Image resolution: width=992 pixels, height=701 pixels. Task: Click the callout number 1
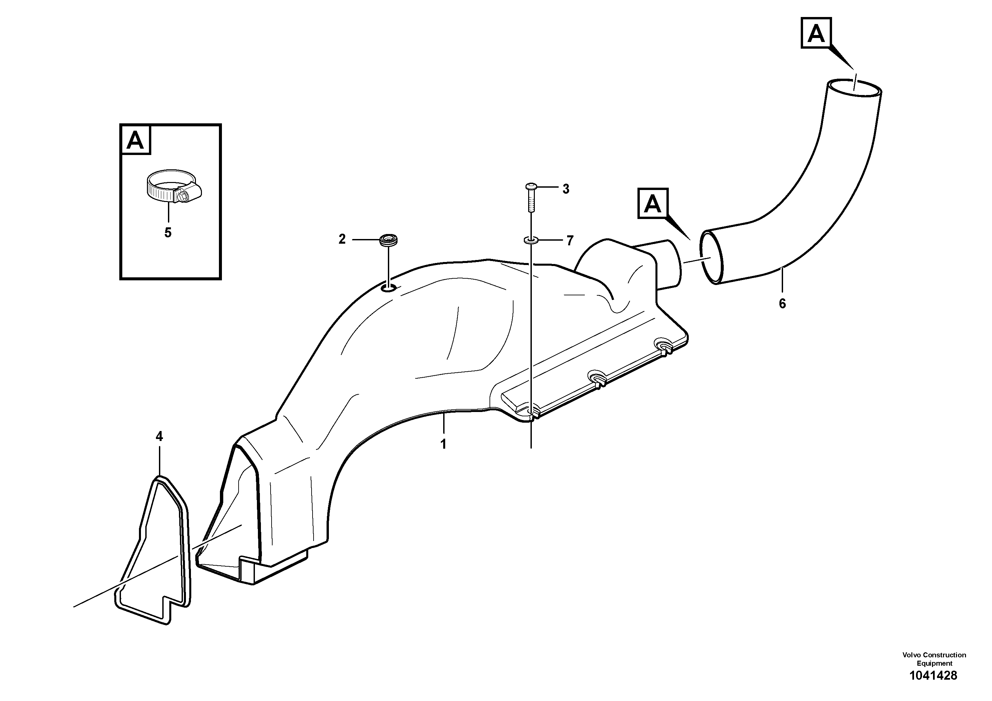coord(443,444)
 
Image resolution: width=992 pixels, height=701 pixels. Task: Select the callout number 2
coord(342,239)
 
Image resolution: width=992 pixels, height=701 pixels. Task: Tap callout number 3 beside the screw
coord(565,189)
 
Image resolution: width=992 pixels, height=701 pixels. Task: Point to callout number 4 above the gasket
coord(159,437)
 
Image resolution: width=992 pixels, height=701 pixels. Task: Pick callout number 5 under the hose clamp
coord(168,233)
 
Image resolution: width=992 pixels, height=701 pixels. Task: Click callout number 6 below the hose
coord(782,304)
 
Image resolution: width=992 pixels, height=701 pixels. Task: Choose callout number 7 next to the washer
coord(570,241)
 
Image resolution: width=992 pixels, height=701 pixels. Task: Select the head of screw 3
coord(530,187)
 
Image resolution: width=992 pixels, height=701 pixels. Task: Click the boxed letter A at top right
coord(816,33)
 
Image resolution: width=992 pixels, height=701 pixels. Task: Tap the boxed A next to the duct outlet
coord(652,204)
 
